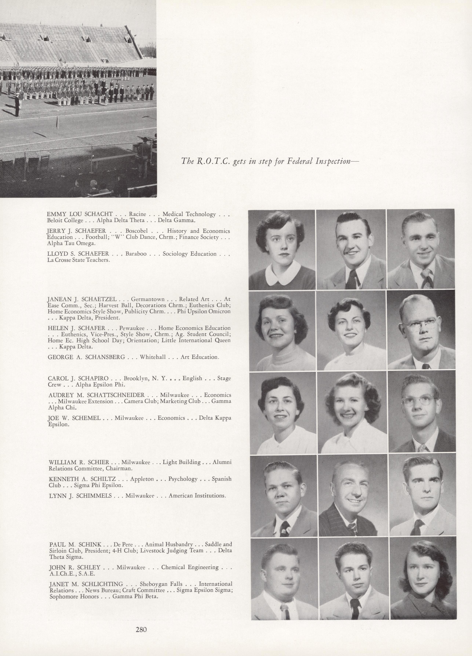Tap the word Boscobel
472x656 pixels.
point(136,231)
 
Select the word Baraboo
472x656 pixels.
point(136,254)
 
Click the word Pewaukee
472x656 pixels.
point(137,328)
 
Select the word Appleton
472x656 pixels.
point(142,479)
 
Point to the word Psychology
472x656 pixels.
point(183,479)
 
